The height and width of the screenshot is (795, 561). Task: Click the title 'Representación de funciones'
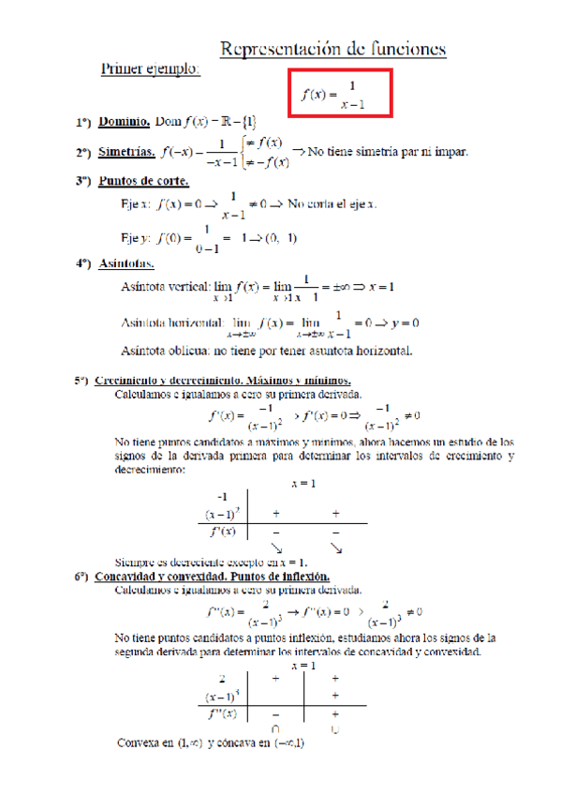[332, 49]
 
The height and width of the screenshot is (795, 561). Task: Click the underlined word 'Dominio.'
[125, 121]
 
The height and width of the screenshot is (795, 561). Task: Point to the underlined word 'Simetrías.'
[128, 151]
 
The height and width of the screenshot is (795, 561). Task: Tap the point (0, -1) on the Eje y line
[280, 237]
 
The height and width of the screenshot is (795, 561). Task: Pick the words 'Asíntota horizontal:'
[173, 322]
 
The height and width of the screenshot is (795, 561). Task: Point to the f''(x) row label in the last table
[222, 713]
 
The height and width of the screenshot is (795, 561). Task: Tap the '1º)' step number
[84, 122]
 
